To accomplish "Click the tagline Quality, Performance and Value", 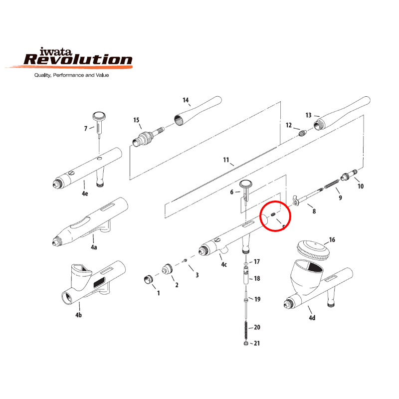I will pos(71,75).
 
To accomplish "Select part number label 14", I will pos(186,100).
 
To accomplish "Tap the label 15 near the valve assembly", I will pos(136,120).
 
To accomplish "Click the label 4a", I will pos(93,246).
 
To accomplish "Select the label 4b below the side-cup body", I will pos(78,315).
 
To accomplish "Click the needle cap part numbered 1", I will pos(148,279).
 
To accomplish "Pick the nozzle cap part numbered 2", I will pos(166,270).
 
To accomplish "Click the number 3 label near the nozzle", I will pos(197,275).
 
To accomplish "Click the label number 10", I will pos(361,187).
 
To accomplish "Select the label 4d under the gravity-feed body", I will pos(312,318).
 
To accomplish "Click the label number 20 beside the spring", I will pos(257,327).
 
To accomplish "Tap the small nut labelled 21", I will pos(246,344).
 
